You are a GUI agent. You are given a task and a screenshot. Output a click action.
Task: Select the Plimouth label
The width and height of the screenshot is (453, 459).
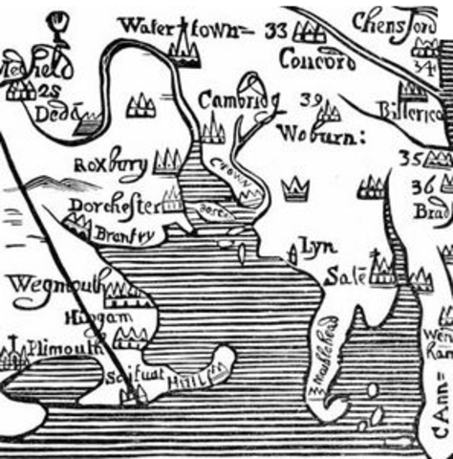pos(62,349)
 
